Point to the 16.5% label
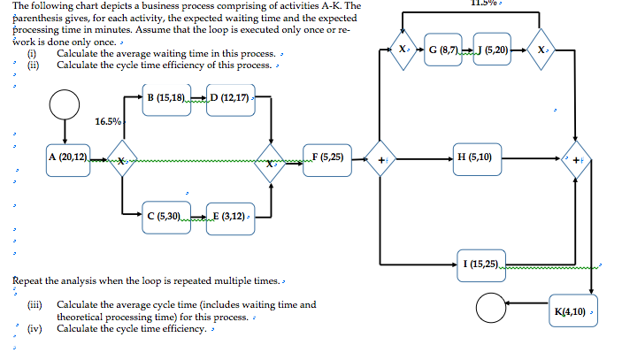[x=108, y=121]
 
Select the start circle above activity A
[x=65, y=104]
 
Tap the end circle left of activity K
[x=492, y=309]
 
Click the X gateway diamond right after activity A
[x=123, y=162]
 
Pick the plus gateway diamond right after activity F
[x=380, y=162]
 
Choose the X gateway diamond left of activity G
[x=403, y=50]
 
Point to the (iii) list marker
[x=34, y=305]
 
